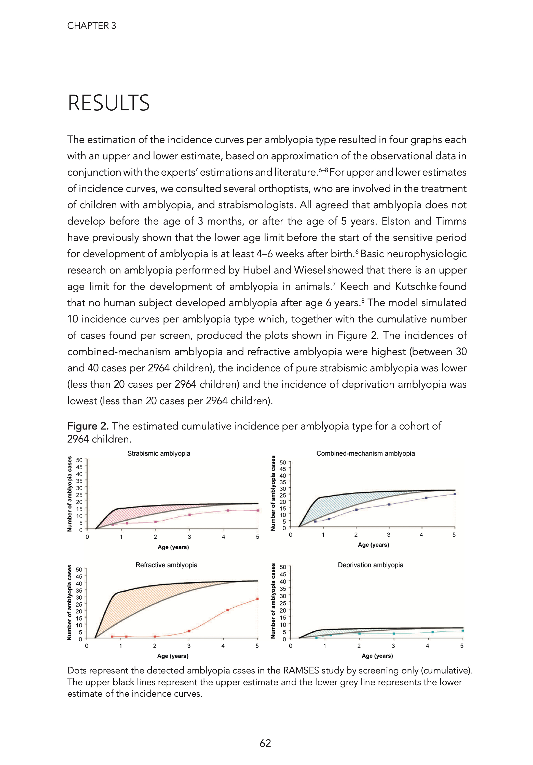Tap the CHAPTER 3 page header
point(92,26)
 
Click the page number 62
point(265,743)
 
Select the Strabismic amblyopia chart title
point(158,453)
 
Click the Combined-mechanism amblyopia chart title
point(365,453)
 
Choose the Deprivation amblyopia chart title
point(370,565)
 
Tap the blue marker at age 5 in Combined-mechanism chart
point(454,494)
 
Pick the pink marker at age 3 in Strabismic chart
point(189,515)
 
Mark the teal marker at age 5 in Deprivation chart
point(462,631)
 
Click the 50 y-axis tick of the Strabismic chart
point(79,460)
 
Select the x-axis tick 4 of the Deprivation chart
point(428,646)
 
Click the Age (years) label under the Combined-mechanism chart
point(373,545)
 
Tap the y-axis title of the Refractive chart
point(70,602)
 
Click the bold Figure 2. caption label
point(88,426)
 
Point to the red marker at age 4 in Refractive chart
point(227,610)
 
